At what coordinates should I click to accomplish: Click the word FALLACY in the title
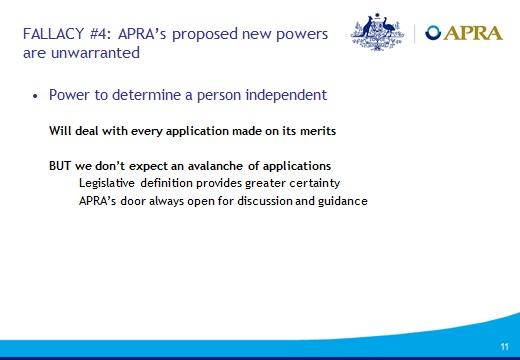click(51, 34)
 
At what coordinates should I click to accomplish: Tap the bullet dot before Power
click(36, 96)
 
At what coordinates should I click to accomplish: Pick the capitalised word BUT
click(62, 165)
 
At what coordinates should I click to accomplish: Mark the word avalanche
click(209, 165)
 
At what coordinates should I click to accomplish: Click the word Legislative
click(110, 183)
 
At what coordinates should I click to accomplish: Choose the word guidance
click(341, 201)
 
